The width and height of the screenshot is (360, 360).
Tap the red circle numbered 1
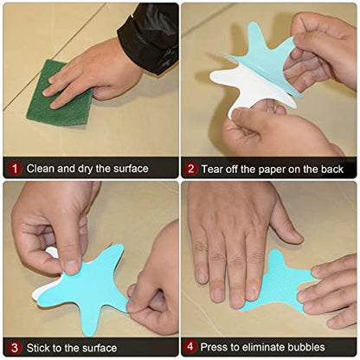pos(15,169)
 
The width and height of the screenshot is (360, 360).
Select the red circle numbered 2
pos(191,169)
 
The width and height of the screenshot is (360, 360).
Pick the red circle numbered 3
pos(15,348)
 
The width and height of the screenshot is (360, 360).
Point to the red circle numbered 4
pos(190,346)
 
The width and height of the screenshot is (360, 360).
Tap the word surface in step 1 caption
pos(131,169)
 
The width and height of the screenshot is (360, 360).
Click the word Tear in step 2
pos(212,169)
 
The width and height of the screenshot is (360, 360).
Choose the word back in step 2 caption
pos(331,169)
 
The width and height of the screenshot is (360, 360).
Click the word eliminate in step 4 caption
pos(262,347)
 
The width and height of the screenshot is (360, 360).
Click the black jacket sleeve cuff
pos(150,37)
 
